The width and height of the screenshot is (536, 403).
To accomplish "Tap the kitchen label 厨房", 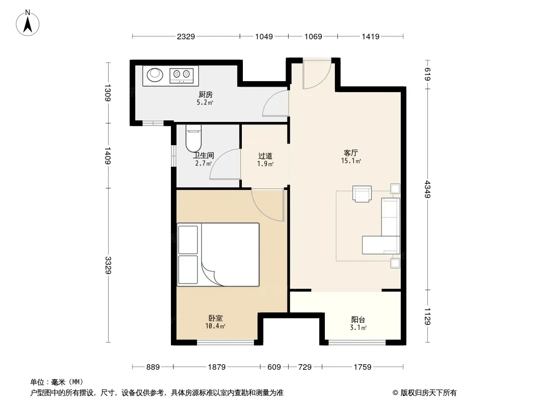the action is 206,95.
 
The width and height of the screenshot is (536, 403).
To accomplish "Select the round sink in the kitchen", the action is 155,75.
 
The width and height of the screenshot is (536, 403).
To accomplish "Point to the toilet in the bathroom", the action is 194,138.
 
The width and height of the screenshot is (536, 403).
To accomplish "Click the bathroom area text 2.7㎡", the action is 204,163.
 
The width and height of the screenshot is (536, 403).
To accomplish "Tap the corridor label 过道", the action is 265,156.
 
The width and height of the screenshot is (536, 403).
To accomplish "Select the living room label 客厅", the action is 351,153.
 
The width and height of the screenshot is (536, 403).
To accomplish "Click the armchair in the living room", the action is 362,194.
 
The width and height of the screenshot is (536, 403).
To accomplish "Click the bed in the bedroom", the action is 218,254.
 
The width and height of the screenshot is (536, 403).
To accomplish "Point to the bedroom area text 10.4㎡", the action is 215,326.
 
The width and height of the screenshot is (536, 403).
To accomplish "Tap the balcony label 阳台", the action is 358,320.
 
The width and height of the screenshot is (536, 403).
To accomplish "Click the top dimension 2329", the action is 186,36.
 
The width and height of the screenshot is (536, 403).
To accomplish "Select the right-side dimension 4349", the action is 427,189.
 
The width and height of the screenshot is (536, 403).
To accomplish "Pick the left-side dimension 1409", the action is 108,156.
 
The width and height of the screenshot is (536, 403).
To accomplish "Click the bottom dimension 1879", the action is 217,367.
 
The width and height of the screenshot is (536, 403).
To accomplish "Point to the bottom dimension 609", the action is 274,367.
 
